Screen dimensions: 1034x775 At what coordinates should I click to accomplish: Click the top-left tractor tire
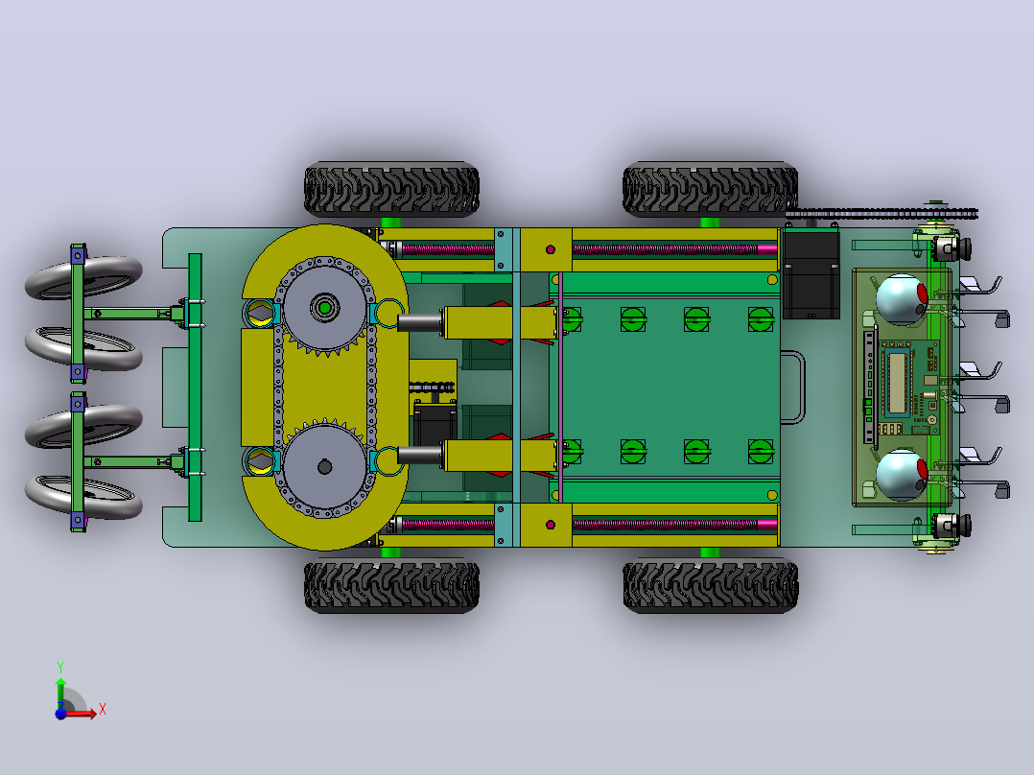(x=391, y=189)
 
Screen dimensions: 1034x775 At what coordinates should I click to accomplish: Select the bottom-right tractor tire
(x=710, y=585)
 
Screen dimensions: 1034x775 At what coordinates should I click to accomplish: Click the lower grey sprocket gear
(x=324, y=467)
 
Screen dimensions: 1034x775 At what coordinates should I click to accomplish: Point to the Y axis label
(x=60, y=668)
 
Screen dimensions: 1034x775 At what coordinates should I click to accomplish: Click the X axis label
(x=103, y=710)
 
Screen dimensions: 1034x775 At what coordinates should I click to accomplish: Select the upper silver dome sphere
(x=902, y=299)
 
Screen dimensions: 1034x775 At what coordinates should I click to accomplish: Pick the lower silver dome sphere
(x=902, y=475)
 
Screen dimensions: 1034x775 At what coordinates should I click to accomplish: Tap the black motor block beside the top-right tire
(x=811, y=273)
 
